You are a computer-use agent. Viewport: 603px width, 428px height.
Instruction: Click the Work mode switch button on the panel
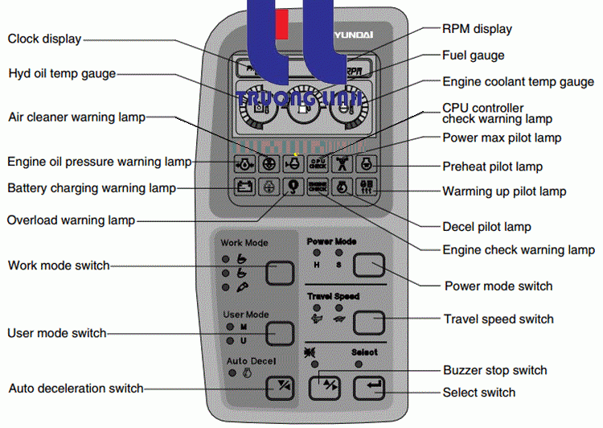280,273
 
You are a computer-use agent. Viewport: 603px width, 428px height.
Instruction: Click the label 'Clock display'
44,39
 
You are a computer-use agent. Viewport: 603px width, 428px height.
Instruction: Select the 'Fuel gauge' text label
474,56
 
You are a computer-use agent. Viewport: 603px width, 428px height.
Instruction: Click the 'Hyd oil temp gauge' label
62,74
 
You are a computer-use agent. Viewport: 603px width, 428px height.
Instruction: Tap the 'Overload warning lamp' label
71,220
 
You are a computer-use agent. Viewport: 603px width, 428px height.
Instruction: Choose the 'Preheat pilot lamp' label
492,167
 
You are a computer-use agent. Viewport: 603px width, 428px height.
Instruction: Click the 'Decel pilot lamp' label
487,227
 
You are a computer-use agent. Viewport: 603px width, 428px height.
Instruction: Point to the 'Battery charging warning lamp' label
91,188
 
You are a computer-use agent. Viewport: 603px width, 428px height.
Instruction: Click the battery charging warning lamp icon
244,187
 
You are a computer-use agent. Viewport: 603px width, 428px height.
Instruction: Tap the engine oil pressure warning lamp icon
244,164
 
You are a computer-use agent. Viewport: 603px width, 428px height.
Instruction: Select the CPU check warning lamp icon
318,164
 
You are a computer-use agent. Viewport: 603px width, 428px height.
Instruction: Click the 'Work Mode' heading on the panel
244,242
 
